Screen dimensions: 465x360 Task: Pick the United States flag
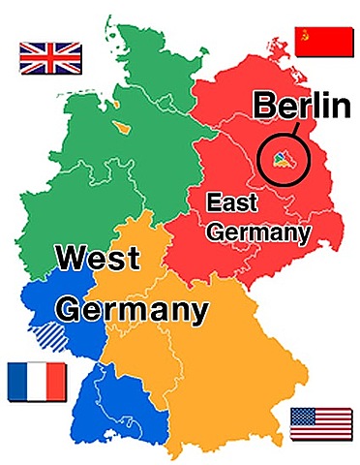(321, 423)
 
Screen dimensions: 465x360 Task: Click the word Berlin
(302, 106)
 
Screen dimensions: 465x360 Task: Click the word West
(97, 260)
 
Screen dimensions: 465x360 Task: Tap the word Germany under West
(132, 311)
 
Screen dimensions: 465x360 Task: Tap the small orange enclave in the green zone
(122, 125)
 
